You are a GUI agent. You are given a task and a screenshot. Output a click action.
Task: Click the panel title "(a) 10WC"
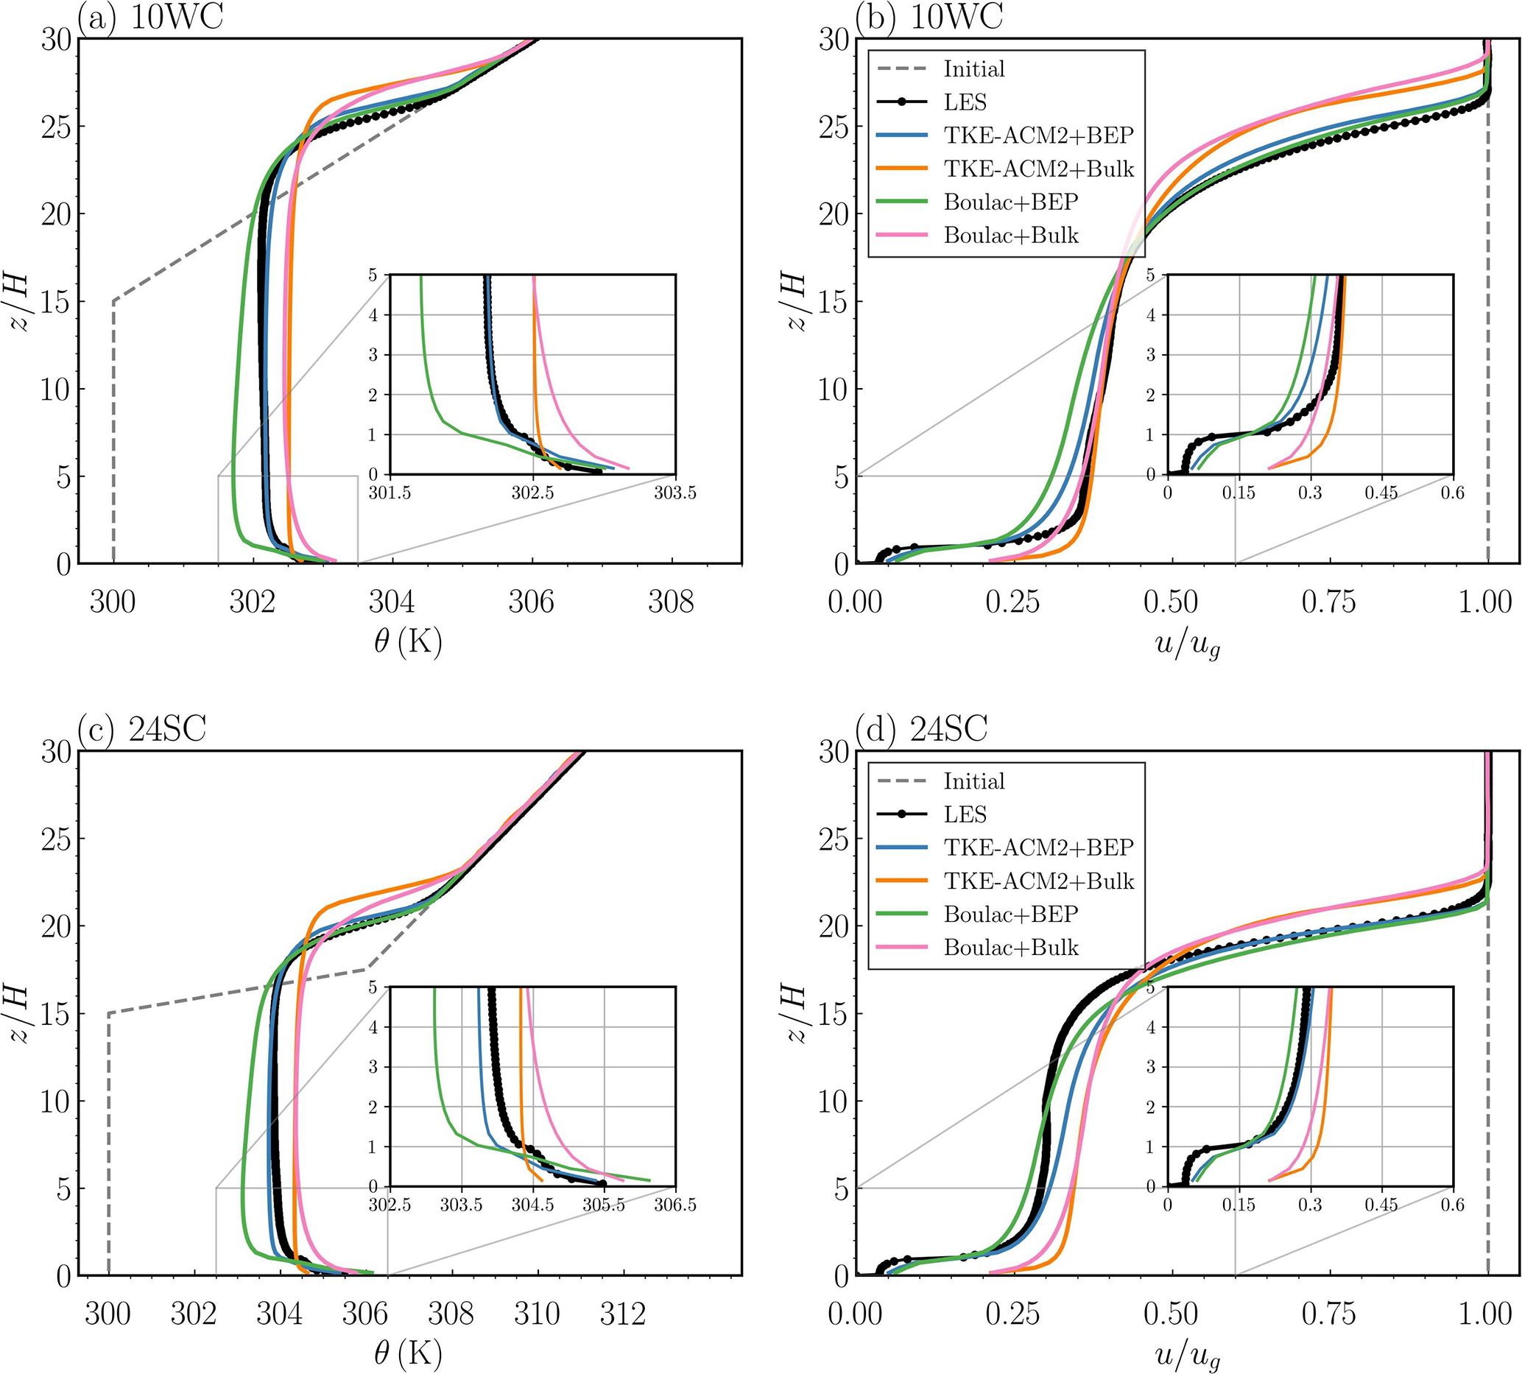[150, 17]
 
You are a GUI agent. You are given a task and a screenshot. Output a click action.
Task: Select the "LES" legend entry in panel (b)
[965, 102]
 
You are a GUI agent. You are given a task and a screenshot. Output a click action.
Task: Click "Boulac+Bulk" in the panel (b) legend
[1011, 235]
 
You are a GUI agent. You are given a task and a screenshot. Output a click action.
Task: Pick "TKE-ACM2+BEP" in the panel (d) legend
[1038, 847]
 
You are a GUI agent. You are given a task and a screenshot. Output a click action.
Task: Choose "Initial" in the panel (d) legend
[974, 781]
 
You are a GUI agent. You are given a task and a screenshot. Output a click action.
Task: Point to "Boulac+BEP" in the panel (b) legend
[1011, 202]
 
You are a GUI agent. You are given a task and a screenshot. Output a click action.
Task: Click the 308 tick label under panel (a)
[670, 602]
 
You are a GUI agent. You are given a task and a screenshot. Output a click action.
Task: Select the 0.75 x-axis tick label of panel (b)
[1329, 602]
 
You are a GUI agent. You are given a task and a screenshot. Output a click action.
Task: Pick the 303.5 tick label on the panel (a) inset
[675, 493]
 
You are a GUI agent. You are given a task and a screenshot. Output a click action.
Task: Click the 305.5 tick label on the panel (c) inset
[604, 1205]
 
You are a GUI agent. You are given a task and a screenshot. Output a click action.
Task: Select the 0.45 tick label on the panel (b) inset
[1381, 493]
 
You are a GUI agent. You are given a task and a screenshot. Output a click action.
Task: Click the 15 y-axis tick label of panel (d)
[834, 1014]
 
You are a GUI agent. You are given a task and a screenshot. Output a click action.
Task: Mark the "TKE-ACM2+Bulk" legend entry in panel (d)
[1038, 880]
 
